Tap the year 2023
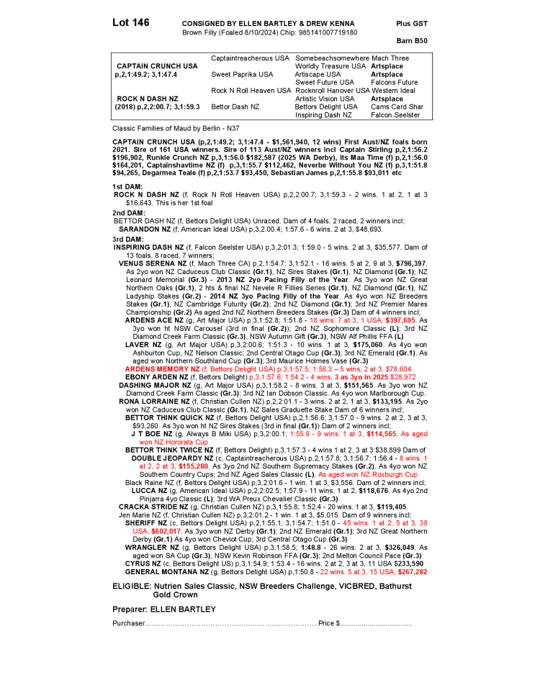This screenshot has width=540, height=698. click(x=380, y=377)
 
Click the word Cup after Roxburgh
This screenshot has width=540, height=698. click(x=411, y=475)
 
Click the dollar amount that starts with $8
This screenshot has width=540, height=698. click(x=166, y=531)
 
